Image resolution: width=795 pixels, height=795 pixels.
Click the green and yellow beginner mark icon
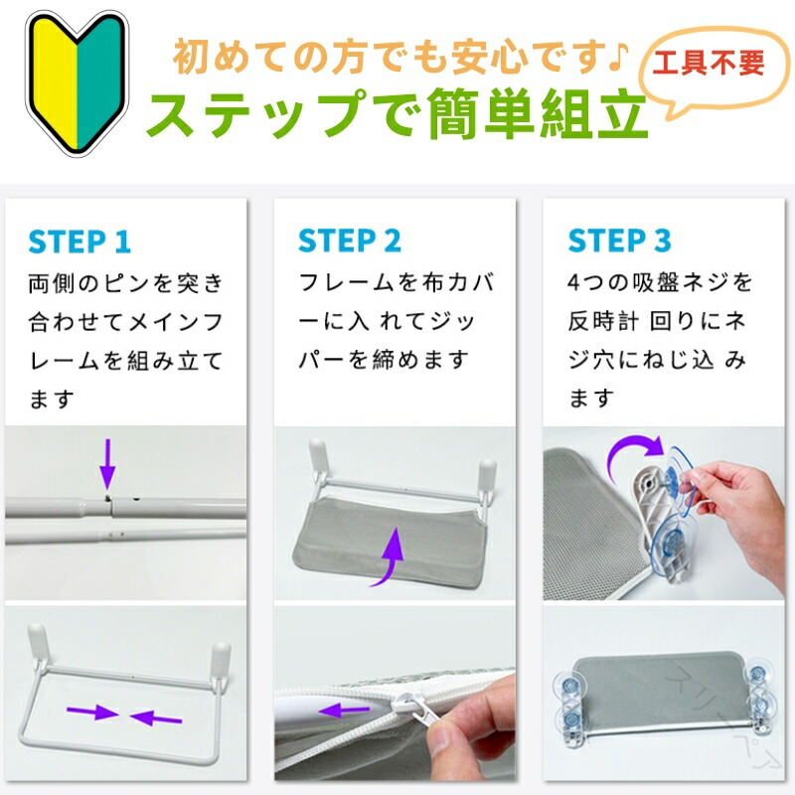pos(78,82)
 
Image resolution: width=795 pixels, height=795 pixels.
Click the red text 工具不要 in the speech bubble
pos(709,64)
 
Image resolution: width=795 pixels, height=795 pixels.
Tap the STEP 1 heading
pos(79,241)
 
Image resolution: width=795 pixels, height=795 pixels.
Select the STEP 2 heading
pos(350,240)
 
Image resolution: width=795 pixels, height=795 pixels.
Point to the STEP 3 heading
pos(619,240)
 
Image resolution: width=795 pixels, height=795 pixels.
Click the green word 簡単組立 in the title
pos(538,113)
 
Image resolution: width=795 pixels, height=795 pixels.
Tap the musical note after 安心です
pos(618,56)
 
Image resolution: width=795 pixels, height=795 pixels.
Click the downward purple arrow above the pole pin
pos(107,464)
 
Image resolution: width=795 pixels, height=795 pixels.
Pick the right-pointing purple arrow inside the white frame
pos(92,713)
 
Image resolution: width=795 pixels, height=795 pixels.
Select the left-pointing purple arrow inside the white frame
pos(156,717)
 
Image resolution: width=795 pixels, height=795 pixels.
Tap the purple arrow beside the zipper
pos(344,710)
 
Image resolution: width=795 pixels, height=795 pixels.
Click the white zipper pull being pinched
pos(417,714)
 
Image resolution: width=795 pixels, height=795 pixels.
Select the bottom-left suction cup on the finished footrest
pos(572,718)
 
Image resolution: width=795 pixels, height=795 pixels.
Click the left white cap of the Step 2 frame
pos(318,453)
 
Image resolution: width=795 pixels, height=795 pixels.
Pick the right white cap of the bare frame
pos(221,658)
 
